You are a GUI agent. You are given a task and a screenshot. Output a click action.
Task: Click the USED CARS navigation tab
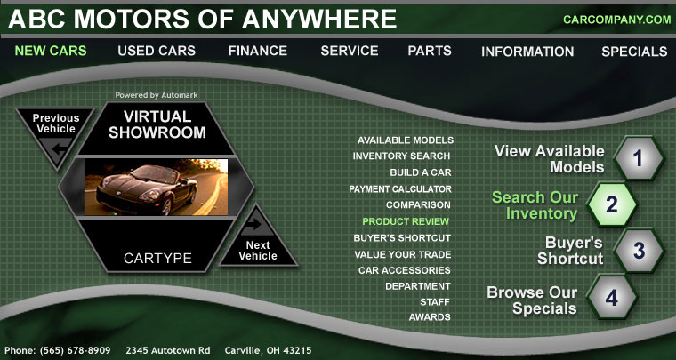(157, 51)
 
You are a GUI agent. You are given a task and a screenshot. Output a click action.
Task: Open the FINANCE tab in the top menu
(258, 51)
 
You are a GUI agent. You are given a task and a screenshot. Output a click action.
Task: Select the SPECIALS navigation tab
(634, 52)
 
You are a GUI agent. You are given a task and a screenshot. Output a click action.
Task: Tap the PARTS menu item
(430, 51)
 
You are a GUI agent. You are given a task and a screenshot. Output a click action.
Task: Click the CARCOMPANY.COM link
(617, 20)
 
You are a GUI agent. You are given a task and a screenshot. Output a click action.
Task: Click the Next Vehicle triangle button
(258, 239)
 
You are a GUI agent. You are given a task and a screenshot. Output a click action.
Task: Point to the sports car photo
(156, 187)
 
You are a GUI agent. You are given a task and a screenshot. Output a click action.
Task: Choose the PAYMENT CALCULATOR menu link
(400, 189)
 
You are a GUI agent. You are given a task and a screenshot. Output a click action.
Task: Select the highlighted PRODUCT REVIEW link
(406, 221)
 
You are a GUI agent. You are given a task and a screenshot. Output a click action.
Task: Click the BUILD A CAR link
(421, 172)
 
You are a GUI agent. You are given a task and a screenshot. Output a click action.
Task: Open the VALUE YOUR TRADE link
(403, 254)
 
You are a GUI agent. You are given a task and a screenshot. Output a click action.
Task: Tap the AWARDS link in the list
(430, 317)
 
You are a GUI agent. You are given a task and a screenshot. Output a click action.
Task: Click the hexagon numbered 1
(639, 158)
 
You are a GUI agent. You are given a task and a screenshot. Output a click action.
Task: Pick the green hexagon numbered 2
(612, 204)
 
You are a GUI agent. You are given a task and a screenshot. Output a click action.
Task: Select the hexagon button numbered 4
(612, 298)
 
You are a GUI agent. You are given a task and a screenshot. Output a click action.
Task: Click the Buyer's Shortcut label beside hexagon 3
(569, 250)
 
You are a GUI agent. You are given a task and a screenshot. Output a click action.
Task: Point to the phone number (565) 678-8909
(75, 350)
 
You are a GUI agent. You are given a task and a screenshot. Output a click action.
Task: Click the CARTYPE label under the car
(157, 259)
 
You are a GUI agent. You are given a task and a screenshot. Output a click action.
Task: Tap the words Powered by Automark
(156, 95)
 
